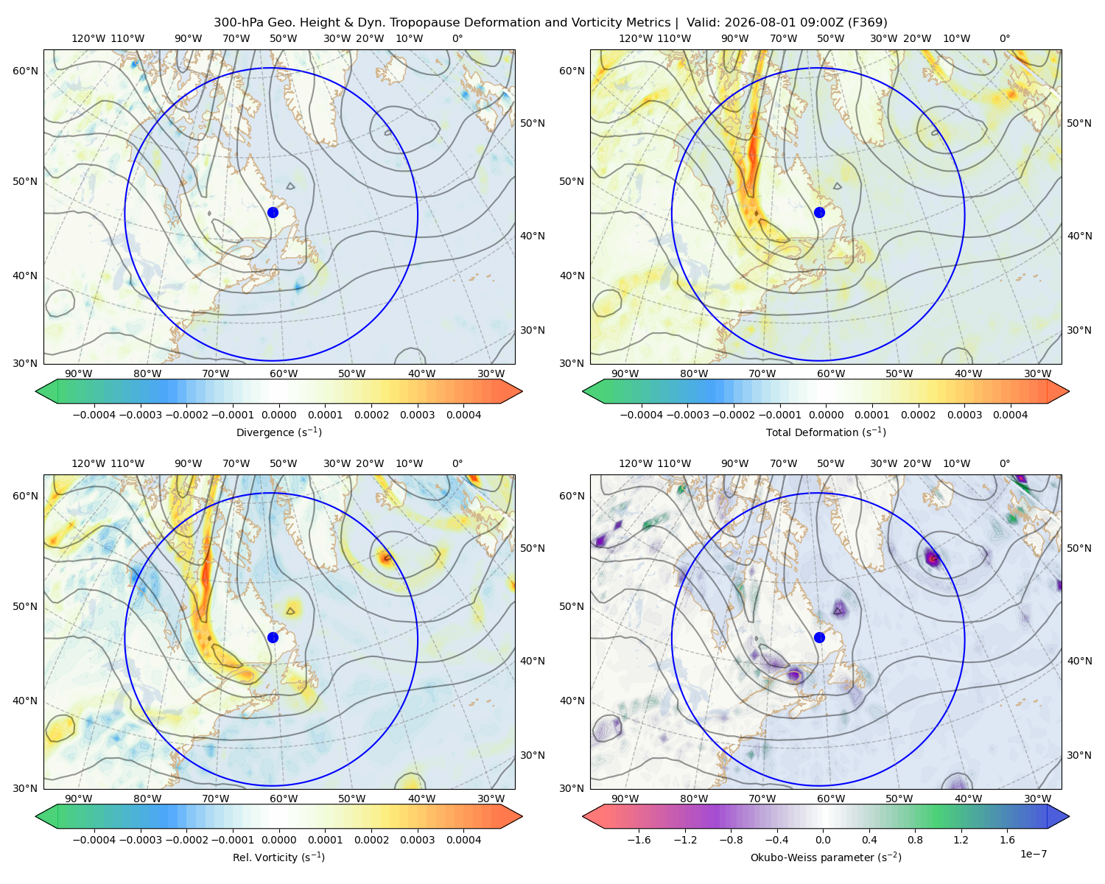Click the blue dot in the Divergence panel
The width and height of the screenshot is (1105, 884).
273,212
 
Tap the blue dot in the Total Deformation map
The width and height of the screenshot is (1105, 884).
819,212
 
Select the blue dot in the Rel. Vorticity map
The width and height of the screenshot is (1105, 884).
273,637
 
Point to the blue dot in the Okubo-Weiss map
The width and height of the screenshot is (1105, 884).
819,637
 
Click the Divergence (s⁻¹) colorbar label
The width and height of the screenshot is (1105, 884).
278,432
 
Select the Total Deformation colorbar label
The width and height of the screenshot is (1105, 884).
826,432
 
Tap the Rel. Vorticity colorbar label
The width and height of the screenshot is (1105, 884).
278,857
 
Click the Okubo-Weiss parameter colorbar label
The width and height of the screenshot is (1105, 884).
826,857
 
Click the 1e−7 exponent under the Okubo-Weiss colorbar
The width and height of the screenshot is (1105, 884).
1033,854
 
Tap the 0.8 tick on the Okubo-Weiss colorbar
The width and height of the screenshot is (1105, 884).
915,840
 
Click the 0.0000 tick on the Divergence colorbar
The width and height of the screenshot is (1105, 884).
278,415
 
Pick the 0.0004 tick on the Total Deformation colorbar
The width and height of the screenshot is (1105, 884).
1010,415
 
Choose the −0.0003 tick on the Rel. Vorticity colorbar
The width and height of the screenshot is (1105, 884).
140,840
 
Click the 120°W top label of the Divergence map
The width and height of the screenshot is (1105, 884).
88,38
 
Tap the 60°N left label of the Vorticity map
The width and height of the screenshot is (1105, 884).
25,496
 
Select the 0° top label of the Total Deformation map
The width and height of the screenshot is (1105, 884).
1004,38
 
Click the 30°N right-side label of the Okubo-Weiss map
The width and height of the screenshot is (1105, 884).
1078,755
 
